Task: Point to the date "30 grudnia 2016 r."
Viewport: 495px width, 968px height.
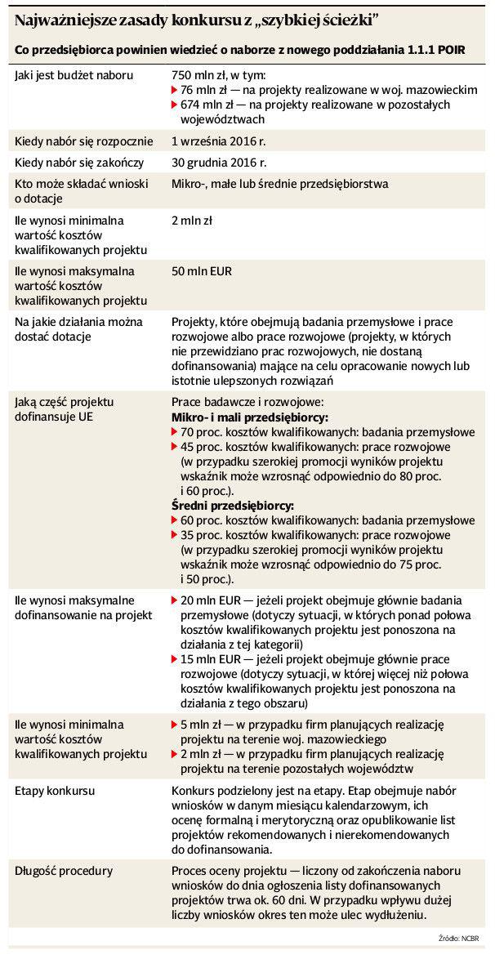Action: (x=219, y=163)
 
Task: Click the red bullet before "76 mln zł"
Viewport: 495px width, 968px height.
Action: (x=174, y=89)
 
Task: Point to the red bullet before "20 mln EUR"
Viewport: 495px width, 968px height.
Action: (x=174, y=600)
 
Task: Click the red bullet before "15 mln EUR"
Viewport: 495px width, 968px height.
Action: (x=174, y=659)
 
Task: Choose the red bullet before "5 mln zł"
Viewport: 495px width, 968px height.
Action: (x=174, y=725)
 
